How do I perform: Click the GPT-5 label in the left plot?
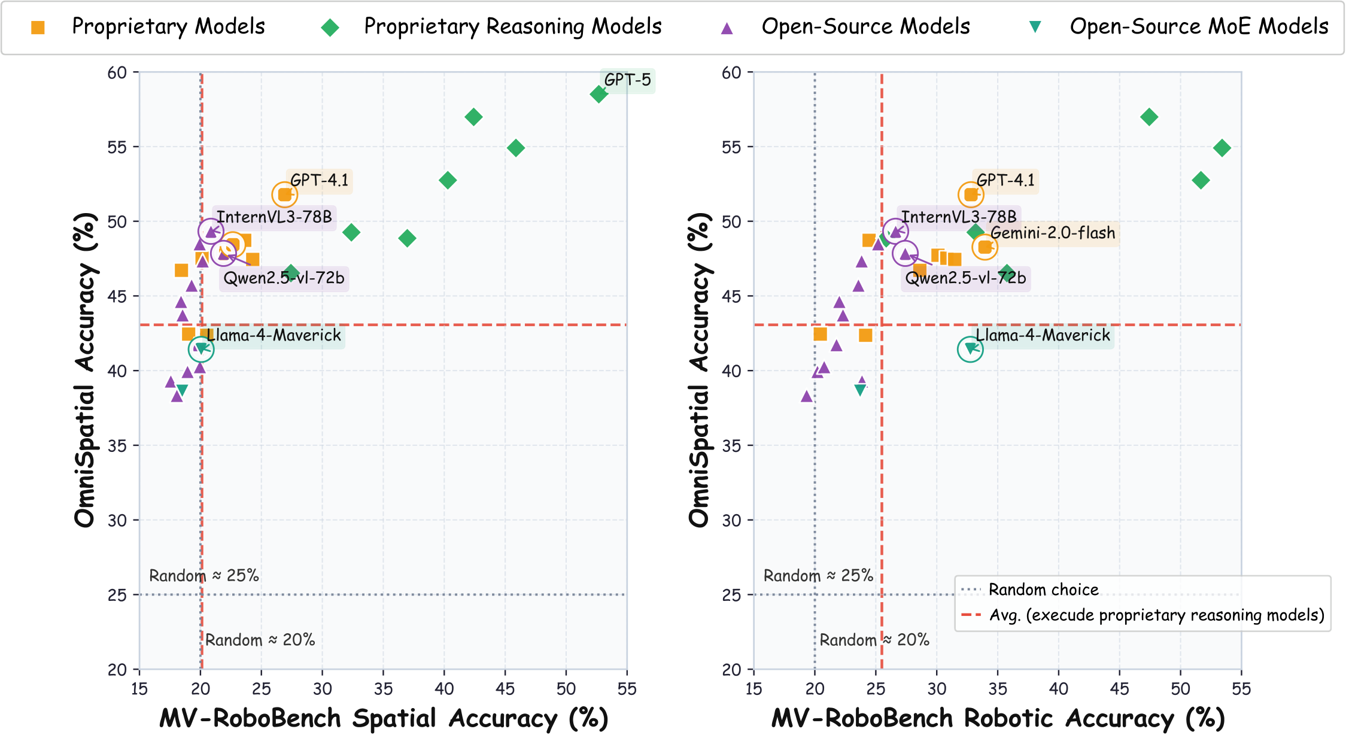[627, 80]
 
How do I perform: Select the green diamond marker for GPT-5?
[598, 94]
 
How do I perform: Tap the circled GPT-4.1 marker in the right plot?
[970, 195]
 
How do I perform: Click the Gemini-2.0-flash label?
[1053, 233]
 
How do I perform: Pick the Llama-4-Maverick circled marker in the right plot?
[970, 349]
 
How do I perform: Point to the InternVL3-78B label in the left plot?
[274, 217]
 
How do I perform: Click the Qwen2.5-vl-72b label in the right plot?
[965, 278]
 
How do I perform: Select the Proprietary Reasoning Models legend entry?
[512, 27]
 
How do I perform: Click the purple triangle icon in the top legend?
[727, 28]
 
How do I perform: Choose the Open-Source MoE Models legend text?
[1199, 27]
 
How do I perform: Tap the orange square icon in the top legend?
[38, 28]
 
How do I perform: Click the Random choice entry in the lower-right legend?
[1043, 590]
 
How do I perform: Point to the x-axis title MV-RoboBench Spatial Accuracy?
[383, 718]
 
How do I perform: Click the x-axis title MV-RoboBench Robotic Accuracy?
[998, 718]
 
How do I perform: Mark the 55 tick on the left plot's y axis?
[117, 147]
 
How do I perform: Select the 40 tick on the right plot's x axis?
[1058, 689]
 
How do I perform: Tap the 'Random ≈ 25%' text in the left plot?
[203, 576]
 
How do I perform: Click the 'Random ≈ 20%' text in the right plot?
[874, 640]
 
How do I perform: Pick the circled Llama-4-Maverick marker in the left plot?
[201, 349]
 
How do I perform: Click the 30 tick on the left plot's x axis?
[322, 689]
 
